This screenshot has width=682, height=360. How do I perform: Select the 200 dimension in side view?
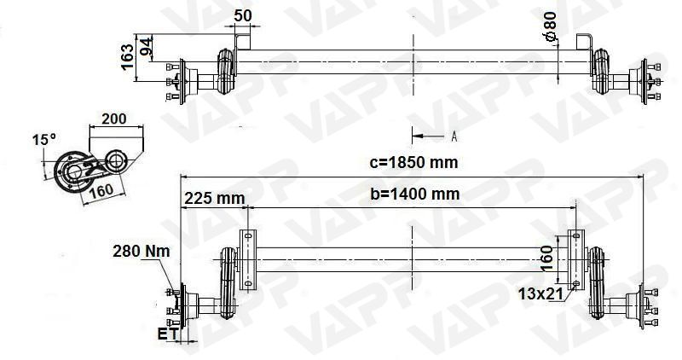point(115,119)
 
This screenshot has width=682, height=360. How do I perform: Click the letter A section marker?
point(454,136)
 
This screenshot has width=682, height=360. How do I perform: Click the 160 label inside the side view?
point(101,190)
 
